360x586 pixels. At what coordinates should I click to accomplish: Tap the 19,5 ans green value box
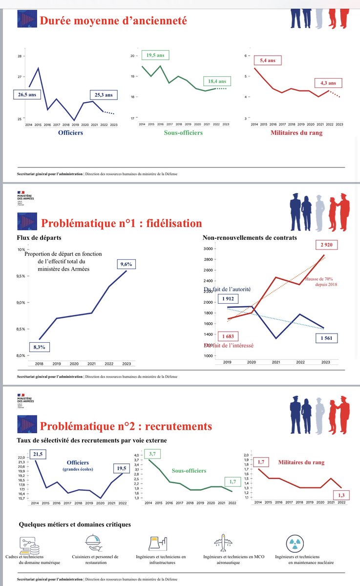point(154,56)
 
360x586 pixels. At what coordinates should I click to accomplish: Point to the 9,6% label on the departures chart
point(126,264)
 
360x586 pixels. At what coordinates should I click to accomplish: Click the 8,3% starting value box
point(40,347)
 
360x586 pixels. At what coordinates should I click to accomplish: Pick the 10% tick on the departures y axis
point(20,250)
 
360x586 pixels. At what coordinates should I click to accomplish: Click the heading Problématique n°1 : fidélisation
point(121,223)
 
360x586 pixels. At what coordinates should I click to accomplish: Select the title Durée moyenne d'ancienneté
point(113,21)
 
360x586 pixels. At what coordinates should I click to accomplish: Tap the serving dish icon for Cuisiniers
point(92,542)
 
